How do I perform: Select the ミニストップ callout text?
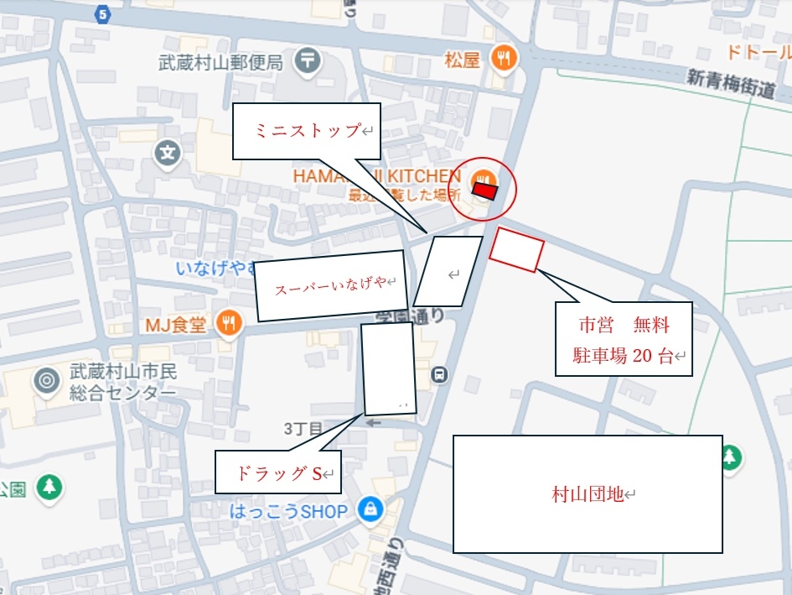pos(307,131)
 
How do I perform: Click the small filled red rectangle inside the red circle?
pos(484,191)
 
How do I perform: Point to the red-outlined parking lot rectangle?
pos(517,248)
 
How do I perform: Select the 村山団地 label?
pos(588,494)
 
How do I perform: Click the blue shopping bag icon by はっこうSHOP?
pos(369,509)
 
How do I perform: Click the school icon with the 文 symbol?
pos(168,153)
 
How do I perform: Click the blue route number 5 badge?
pos(102,13)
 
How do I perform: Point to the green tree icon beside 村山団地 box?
pos(731,457)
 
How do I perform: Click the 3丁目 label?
pos(303,429)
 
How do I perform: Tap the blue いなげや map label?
pos(216,269)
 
